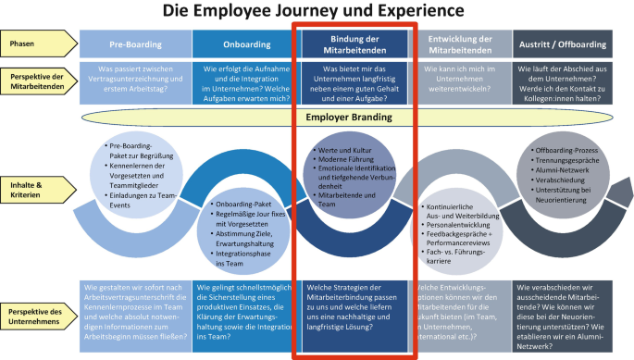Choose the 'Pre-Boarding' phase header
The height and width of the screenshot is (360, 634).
[135, 43]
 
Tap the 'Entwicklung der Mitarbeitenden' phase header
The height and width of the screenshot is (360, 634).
[460, 43]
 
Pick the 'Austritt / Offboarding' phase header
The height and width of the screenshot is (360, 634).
[566, 43]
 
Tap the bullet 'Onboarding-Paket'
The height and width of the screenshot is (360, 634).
[244, 204]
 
